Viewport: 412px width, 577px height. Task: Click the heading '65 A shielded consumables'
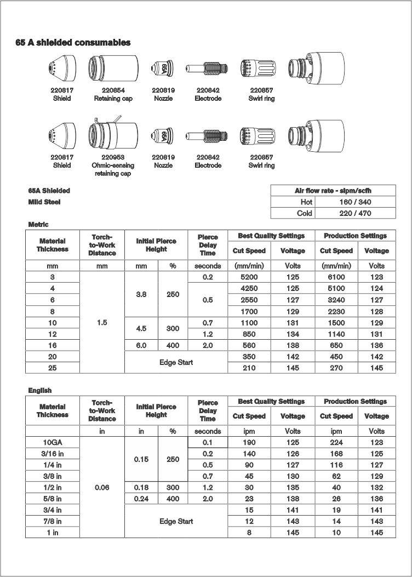tap(73, 43)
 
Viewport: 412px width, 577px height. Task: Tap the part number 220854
tap(113, 90)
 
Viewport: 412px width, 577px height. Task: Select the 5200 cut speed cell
tap(249, 277)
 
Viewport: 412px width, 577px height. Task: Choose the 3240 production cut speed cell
tap(336, 300)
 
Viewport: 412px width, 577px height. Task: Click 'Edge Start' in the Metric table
tap(176, 362)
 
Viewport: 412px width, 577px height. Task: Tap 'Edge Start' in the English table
tap(176, 521)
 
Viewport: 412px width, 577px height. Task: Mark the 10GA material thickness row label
tap(52, 442)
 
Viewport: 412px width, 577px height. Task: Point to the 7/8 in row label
tap(52, 521)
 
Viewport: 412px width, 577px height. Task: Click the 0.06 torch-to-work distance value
tap(102, 487)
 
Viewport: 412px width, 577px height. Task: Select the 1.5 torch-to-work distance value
tap(102, 323)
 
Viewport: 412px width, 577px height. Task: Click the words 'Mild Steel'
tap(44, 202)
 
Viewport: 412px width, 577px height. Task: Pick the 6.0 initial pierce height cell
tap(141, 346)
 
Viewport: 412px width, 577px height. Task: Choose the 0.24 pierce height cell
tap(141, 499)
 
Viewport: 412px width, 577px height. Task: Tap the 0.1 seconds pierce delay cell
tap(208, 442)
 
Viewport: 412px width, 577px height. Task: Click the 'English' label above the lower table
tap(40, 390)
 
